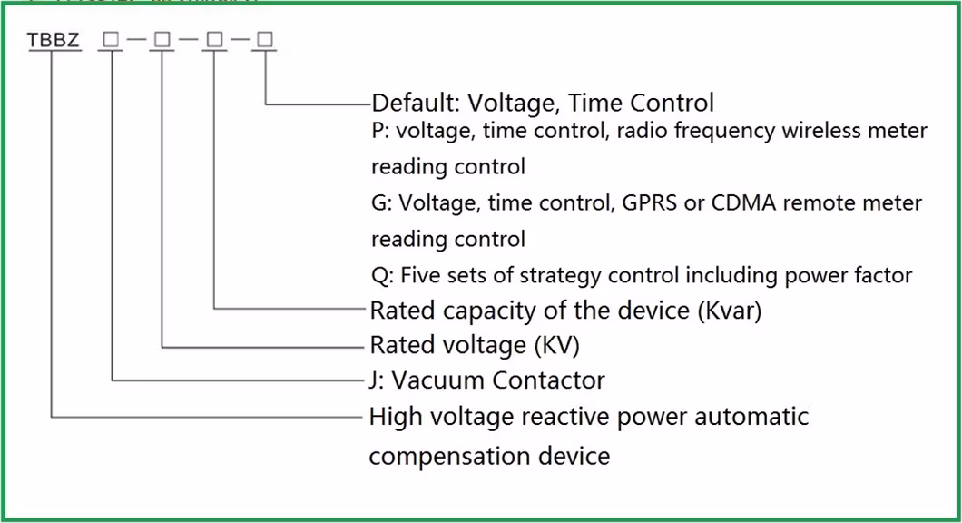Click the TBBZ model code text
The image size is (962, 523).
click(x=53, y=41)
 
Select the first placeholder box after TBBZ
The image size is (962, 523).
click(x=111, y=41)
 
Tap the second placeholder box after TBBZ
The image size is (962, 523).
click(x=162, y=41)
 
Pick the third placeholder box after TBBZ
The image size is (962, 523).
click(x=213, y=41)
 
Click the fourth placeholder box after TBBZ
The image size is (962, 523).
click(x=265, y=41)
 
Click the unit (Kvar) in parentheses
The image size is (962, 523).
click(x=730, y=311)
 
